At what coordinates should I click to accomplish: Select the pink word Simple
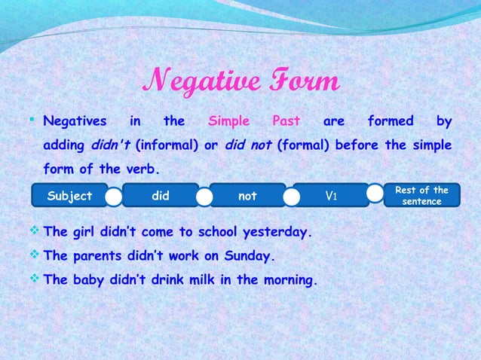228,121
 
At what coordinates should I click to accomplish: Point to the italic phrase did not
248,145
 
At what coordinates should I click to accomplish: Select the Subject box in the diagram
69,196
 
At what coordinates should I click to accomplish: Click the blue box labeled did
160,196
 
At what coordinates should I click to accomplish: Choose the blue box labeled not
247,196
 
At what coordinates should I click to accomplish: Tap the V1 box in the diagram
330,196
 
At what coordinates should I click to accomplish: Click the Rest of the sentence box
421,196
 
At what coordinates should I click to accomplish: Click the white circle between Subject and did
114,197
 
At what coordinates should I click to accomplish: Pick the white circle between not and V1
292,197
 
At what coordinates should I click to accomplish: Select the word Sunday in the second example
246,256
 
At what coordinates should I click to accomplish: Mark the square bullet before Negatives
35,121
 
